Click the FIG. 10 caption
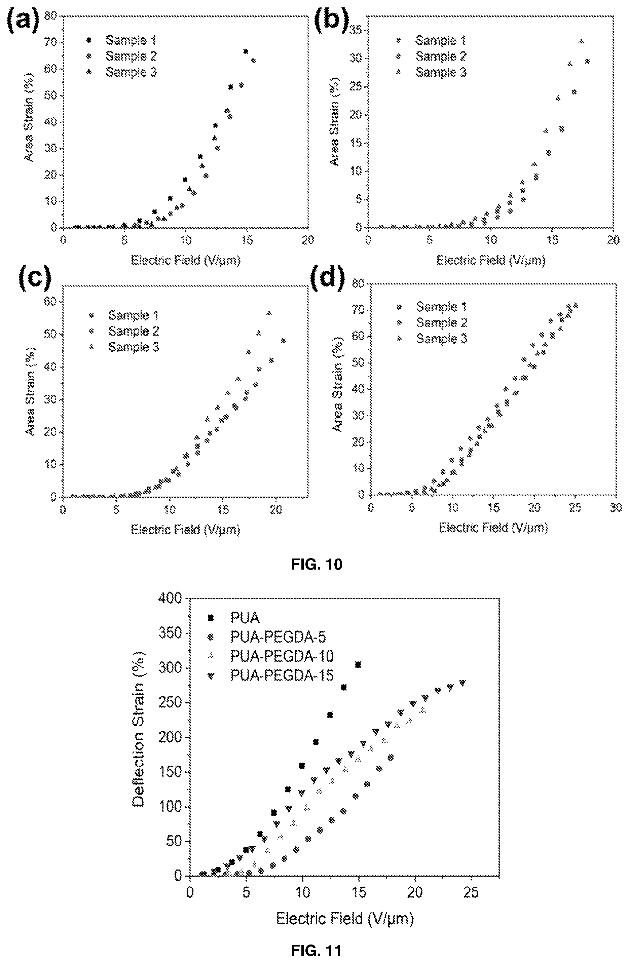pyautogui.click(x=317, y=564)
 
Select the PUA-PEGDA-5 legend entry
pyautogui.click(x=278, y=637)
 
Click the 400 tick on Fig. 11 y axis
pyautogui.click(x=172, y=599)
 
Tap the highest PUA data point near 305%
pyautogui.click(x=358, y=665)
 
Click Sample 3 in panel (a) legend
pyautogui.click(x=131, y=72)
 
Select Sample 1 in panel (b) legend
pyautogui.click(x=440, y=40)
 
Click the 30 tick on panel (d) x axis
pyautogui.click(x=616, y=507)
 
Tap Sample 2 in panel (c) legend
pyautogui.click(x=134, y=331)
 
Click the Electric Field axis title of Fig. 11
pyautogui.click(x=345, y=919)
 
